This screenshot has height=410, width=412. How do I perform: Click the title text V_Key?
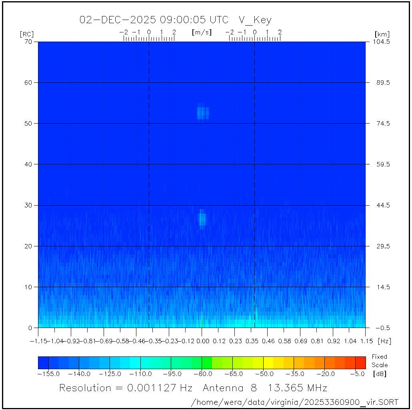(255, 20)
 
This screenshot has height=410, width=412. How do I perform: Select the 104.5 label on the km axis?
(382, 42)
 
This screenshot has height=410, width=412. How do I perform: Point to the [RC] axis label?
(27, 34)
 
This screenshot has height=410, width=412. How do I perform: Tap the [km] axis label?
(382, 34)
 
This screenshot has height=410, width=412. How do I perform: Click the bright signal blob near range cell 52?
(203, 112)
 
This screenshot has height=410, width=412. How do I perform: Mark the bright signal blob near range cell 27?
(202, 218)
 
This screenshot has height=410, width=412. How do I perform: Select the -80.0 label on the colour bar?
(202, 374)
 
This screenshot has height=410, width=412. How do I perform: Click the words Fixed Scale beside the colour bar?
(379, 361)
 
